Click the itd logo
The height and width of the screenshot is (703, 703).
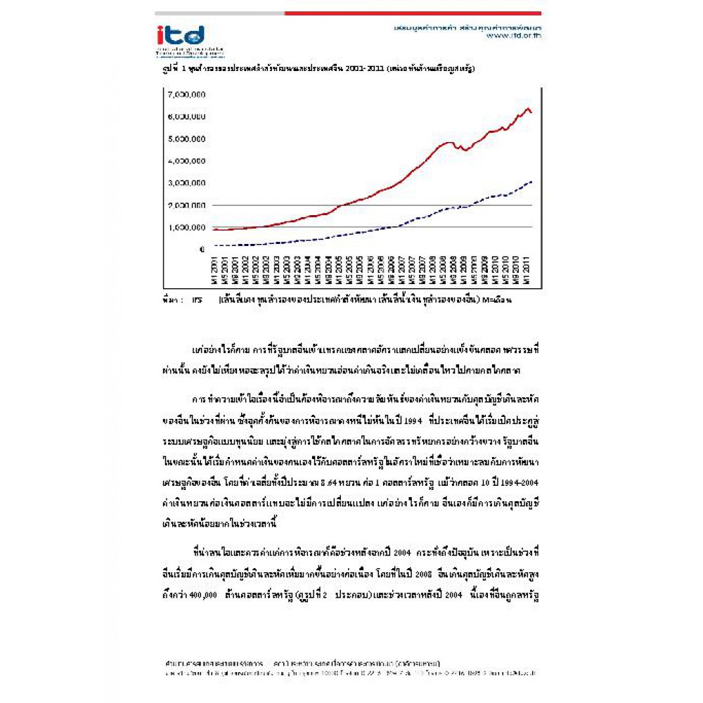pyautogui.click(x=181, y=36)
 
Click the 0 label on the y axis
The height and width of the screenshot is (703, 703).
pyautogui.click(x=202, y=250)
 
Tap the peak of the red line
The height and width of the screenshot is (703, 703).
pyautogui.click(x=528, y=108)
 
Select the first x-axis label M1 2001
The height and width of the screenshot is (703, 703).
pyautogui.click(x=214, y=271)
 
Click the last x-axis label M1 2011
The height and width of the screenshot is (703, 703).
pyautogui.click(x=527, y=271)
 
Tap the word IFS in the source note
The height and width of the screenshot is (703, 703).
pyautogui.click(x=197, y=299)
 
